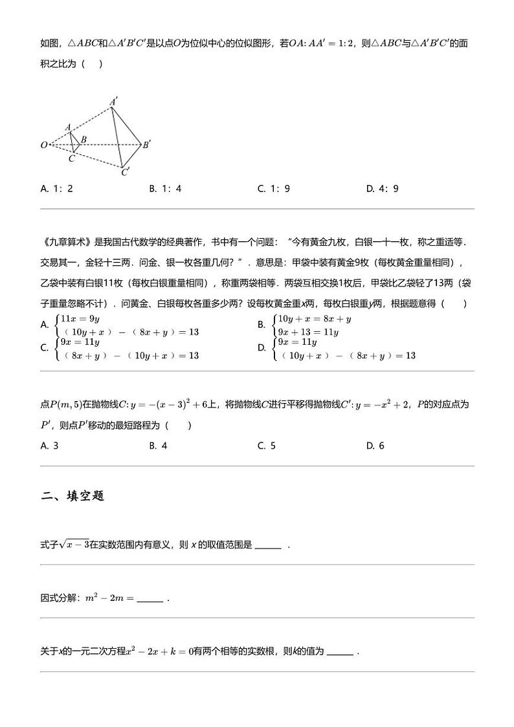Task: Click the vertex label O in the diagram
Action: [44, 145]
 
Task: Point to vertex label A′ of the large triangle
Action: [113, 102]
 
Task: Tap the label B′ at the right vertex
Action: [147, 145]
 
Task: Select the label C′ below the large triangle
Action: [126, 172]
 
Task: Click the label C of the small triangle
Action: [71, 157]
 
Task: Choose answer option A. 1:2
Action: [56, 189]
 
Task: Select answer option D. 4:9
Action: [382, 189]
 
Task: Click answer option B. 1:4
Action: [165, 189]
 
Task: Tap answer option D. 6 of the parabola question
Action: [375, 446]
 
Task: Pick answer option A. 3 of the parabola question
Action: [49, 446]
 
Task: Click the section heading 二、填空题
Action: [73, 496]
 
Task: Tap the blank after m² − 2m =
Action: [150, 599]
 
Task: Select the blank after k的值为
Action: [341, 652]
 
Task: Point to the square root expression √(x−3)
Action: [81, 545]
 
